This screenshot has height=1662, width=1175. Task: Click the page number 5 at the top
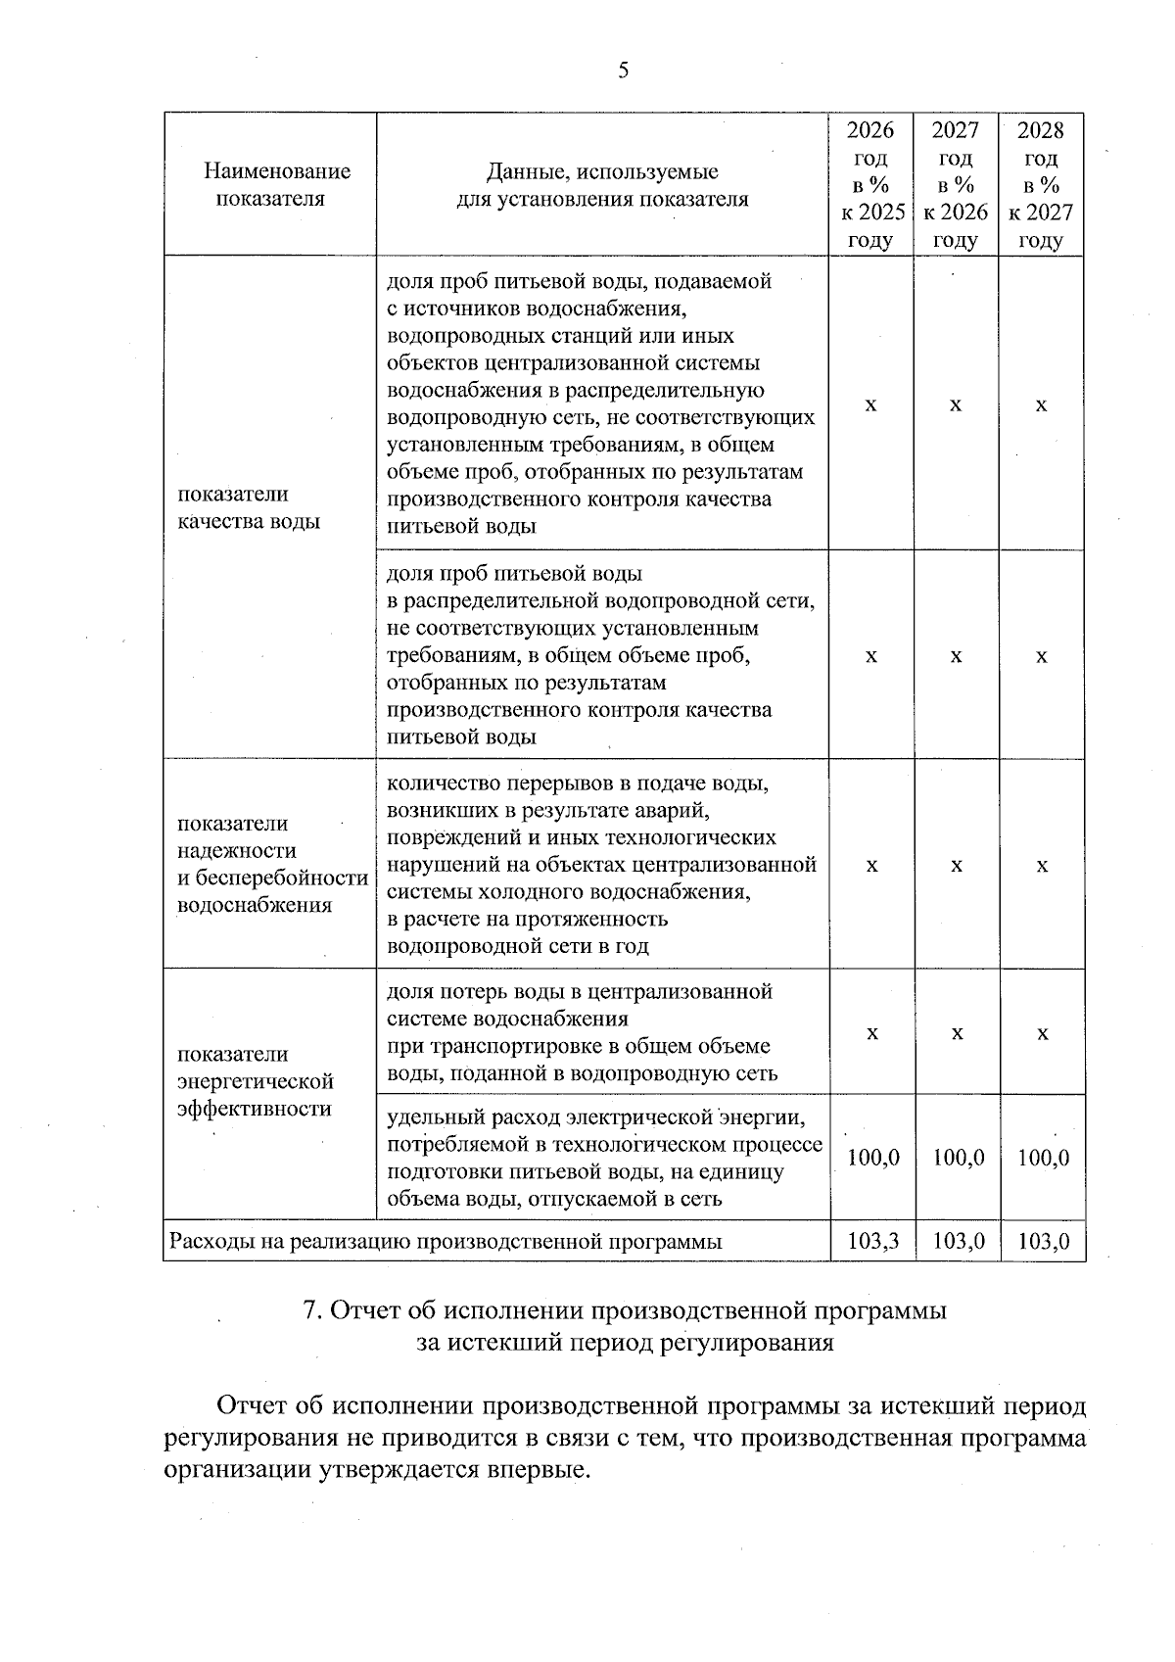tap(624, 71)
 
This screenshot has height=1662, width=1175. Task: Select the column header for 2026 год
tap(870, 185)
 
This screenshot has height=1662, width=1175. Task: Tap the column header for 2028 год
tap(1041, 185)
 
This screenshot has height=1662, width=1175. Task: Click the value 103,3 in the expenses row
tap(872, 1242)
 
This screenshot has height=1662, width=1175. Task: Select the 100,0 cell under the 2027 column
tap(958, 1158)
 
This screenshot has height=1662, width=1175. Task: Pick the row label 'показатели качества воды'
tap(249, 507)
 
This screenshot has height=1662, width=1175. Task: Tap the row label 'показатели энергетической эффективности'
tap(256, 1081)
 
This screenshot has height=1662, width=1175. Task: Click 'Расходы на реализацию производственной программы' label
tap(446, 1242)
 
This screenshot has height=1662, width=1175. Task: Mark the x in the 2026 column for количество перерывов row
tap(871, 866)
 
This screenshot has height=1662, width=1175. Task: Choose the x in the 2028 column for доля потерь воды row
tap(1043, 1034)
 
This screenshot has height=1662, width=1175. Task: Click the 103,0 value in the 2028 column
tap(1043, 1242)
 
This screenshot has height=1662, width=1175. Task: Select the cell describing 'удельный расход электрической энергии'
tap(602, 1158)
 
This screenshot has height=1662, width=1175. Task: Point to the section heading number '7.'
tap(312, 1311)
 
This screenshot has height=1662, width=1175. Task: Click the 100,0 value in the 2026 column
tap(872, 1158)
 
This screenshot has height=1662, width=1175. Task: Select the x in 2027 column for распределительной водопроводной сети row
tap(957, 656)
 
